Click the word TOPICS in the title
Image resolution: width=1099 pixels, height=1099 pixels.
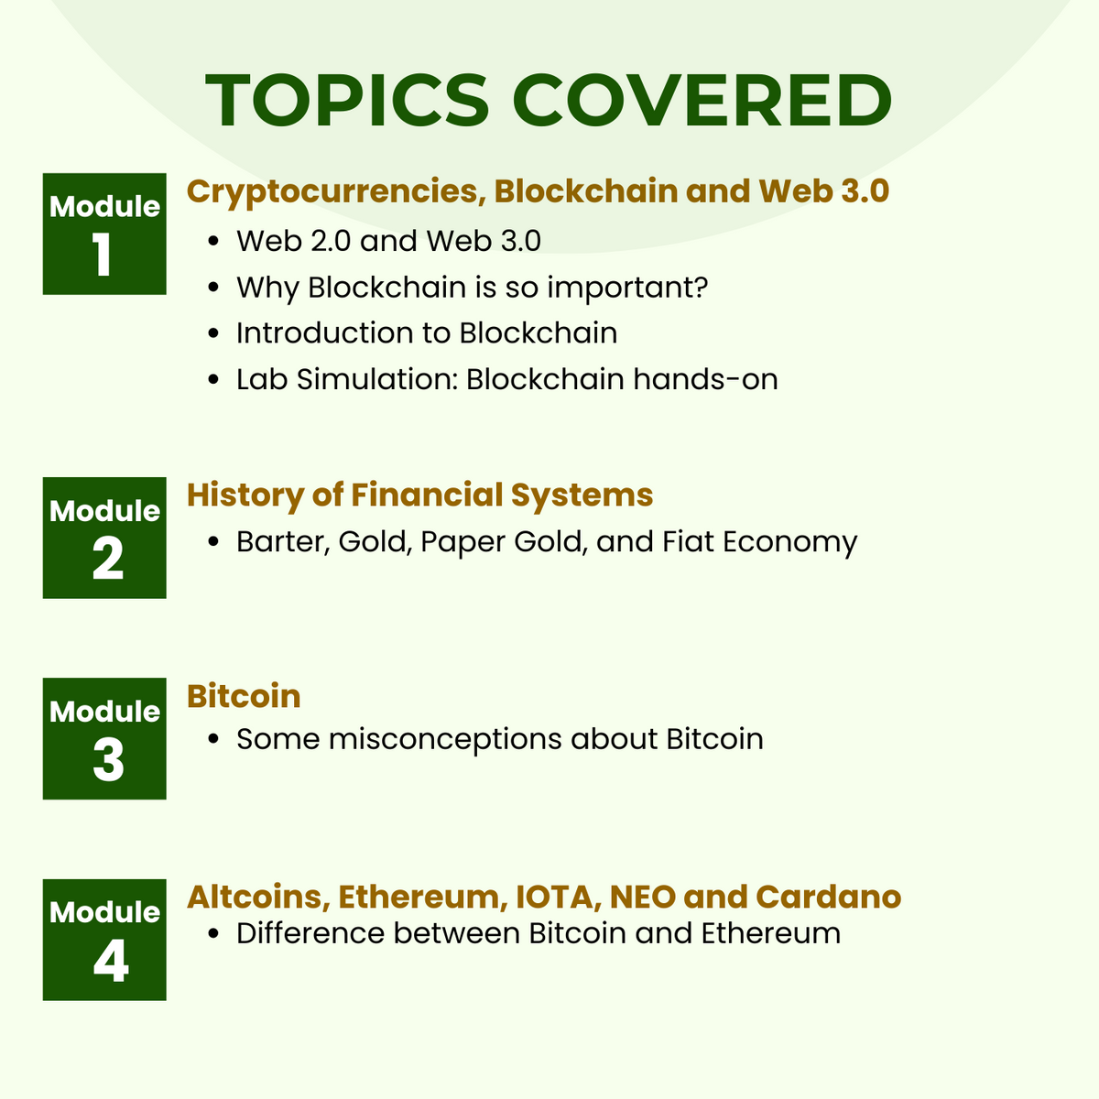347,100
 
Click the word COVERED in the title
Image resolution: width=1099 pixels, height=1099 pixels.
704,100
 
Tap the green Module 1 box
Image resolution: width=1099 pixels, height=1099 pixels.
104,234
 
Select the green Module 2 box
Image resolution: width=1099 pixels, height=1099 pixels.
104,538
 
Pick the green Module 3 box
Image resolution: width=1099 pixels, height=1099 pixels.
104,738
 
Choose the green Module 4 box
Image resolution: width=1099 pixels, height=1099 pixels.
104,940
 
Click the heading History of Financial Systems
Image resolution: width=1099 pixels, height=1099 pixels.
419,495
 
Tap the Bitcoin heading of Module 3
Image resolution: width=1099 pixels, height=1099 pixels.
244,696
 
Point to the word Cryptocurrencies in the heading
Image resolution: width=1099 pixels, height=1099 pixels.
335,191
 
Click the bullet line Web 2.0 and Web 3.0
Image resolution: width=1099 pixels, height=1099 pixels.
388,241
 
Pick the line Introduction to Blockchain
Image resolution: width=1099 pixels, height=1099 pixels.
427,332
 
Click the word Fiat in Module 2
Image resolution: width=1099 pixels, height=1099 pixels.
688,541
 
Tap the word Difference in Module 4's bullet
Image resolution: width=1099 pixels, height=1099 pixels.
309,933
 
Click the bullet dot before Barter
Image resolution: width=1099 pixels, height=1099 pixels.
213,542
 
